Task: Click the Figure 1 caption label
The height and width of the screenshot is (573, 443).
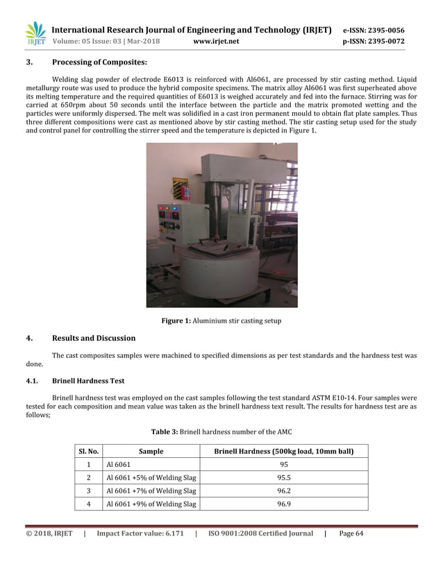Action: point(176,320)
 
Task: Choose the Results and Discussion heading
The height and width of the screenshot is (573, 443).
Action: point(94,338)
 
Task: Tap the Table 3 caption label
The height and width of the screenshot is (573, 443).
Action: point(165,432)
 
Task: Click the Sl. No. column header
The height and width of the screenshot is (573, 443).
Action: point(88,452)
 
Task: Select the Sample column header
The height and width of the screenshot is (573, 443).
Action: point(151,452)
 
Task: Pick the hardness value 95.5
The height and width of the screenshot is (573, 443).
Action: point(283,478)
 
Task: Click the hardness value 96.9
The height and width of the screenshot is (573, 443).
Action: point(283,504)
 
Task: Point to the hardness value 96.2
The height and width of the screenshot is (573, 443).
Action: point(283,491)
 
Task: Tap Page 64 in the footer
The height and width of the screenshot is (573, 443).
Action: point(351,533)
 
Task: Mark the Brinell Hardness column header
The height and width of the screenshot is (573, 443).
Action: point(283,452)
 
